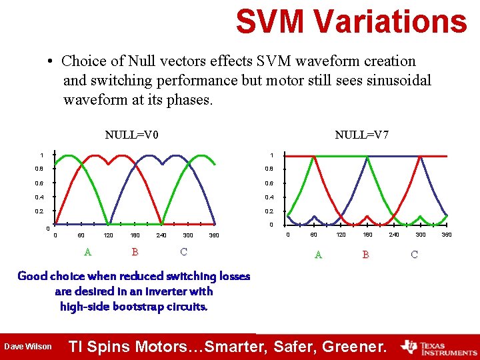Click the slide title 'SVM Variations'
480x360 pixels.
pos(351,21)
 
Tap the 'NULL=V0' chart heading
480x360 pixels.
pos(131,135)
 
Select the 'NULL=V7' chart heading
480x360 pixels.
pos(362,135)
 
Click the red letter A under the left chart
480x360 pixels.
pos(87,252)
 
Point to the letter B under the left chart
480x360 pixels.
pos(135,252)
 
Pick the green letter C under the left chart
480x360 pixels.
pos(183,252)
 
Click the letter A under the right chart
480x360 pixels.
pos(318,255)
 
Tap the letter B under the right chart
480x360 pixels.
pos(365,255)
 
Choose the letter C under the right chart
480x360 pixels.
pos(414,255)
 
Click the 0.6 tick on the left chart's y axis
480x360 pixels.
pos(41,183)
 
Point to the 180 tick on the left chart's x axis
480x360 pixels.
pos(134,235)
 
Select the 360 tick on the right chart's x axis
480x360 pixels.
pos(447,235)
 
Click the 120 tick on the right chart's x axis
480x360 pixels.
pos(341,235)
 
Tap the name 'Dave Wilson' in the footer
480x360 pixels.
pos(28,347)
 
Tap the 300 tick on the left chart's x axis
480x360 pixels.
pos(187,235)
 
